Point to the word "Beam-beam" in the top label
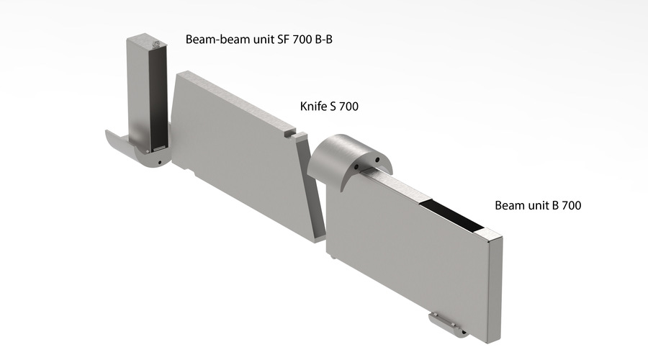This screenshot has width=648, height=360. click(x=215, y=40)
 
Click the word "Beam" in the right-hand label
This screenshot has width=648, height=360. click(x=509, y=205)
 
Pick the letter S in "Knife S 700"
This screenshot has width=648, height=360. click(x=333, y=107)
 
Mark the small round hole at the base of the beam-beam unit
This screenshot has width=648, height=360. click(x=158, y=163)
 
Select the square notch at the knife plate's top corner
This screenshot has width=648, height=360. click(x=289, y=133)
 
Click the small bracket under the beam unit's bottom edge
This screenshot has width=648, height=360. click(x=447, y=323)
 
